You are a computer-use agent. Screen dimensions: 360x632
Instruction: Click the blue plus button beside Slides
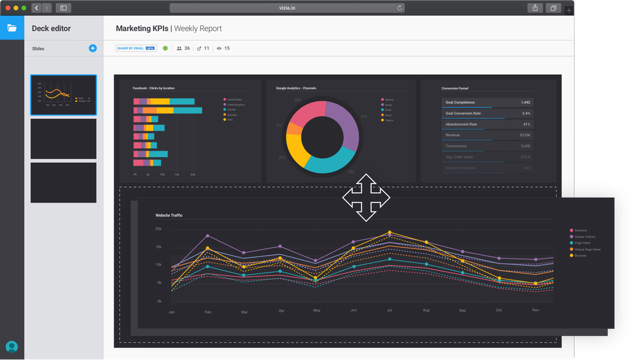pyautogui.click(x=93, y=48)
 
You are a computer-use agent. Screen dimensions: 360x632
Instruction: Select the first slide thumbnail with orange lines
pyautogui.click(x=64, y=95)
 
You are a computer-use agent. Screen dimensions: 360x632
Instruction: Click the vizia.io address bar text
pyautogui.click(x=286, y=8)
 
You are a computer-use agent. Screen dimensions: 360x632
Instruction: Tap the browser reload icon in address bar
pyautogui.click(x=400, y=8)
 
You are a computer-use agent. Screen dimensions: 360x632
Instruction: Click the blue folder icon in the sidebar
pyautogui.click(x=12, y=28)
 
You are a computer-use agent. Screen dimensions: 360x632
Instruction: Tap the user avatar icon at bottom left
pyautogui.click(x=12, y=346)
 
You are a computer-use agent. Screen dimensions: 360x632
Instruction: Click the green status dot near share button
pyautogui.click(x=165, y=48)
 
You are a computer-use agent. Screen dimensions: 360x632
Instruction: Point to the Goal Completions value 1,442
pyautogui.click(x=525, y=103)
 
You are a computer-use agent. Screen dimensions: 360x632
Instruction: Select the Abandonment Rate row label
pyautogui.click(x=461, y=124)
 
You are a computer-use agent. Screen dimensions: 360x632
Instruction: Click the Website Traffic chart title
pyautogui.click(x=169, y=216)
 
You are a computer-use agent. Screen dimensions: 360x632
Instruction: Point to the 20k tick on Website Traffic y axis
pyautogui.click(x=159, y=229)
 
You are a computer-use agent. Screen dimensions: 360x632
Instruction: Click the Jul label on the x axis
pyautogui.click(x=389, y=311)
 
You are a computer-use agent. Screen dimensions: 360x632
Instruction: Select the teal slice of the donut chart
pyautogui.click(x=326, y=162)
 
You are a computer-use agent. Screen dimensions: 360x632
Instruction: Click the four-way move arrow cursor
pyautogui.click(x=367, y=198)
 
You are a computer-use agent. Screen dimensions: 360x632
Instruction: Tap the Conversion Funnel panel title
pyautogui.click(x=455, y=88)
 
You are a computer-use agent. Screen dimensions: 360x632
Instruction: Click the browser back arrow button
pyautogui.click(x=36, y=8)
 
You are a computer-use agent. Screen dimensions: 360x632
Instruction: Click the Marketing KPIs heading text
pyautogui.click(x=142, y=28)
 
